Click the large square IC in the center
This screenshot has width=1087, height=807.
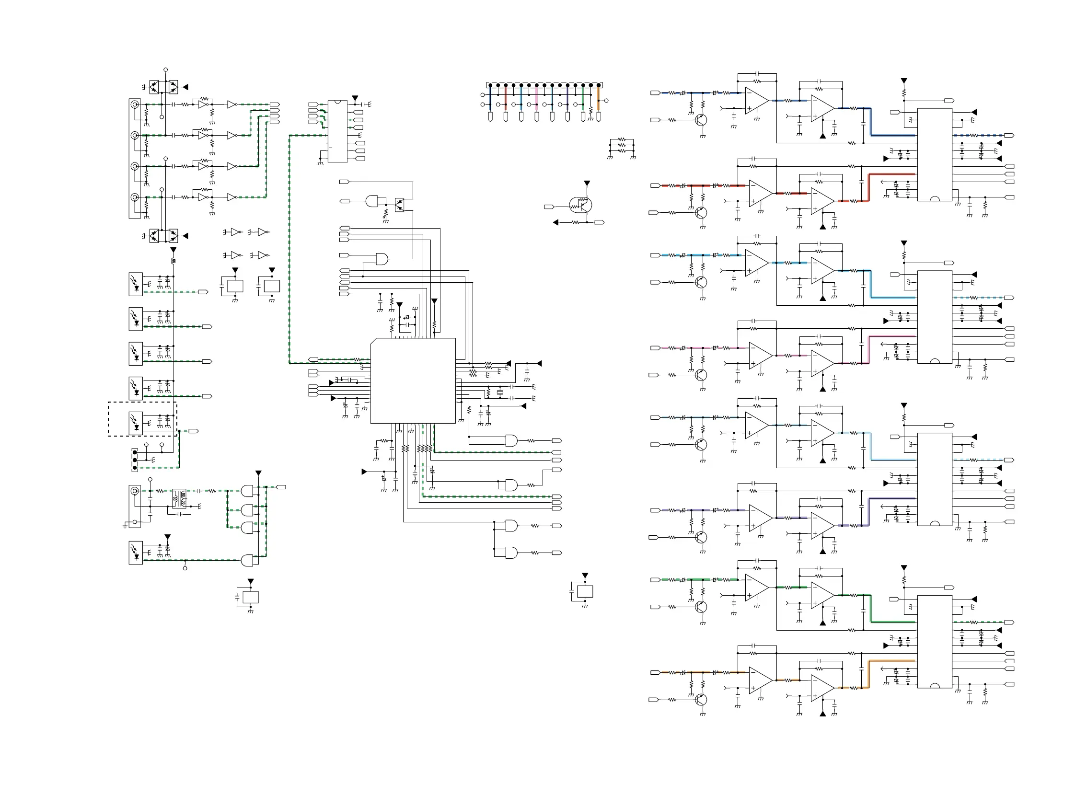(x=413, y=380)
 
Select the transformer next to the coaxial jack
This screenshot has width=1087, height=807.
(x=179, y=498)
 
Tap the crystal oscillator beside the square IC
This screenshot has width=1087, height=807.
(x=500, y=392)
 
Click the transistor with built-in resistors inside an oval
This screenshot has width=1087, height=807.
(x=580, y=205)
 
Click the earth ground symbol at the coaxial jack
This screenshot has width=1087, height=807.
(x=126, y=526)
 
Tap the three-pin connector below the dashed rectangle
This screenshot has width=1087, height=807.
(x=135, y=460)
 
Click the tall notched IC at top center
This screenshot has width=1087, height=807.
(x=337, y=131)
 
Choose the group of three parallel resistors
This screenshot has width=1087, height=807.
(x=622, y=145)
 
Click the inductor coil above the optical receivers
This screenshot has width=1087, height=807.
(x=173, y=261)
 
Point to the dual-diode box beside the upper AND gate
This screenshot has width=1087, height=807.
(x=400, y=205)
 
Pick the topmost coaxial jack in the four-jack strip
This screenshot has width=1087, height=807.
(x=135, y=104)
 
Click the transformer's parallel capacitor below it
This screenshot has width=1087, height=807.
(x=179, y=514)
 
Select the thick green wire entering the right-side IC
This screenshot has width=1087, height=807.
(x=891, y=622)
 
